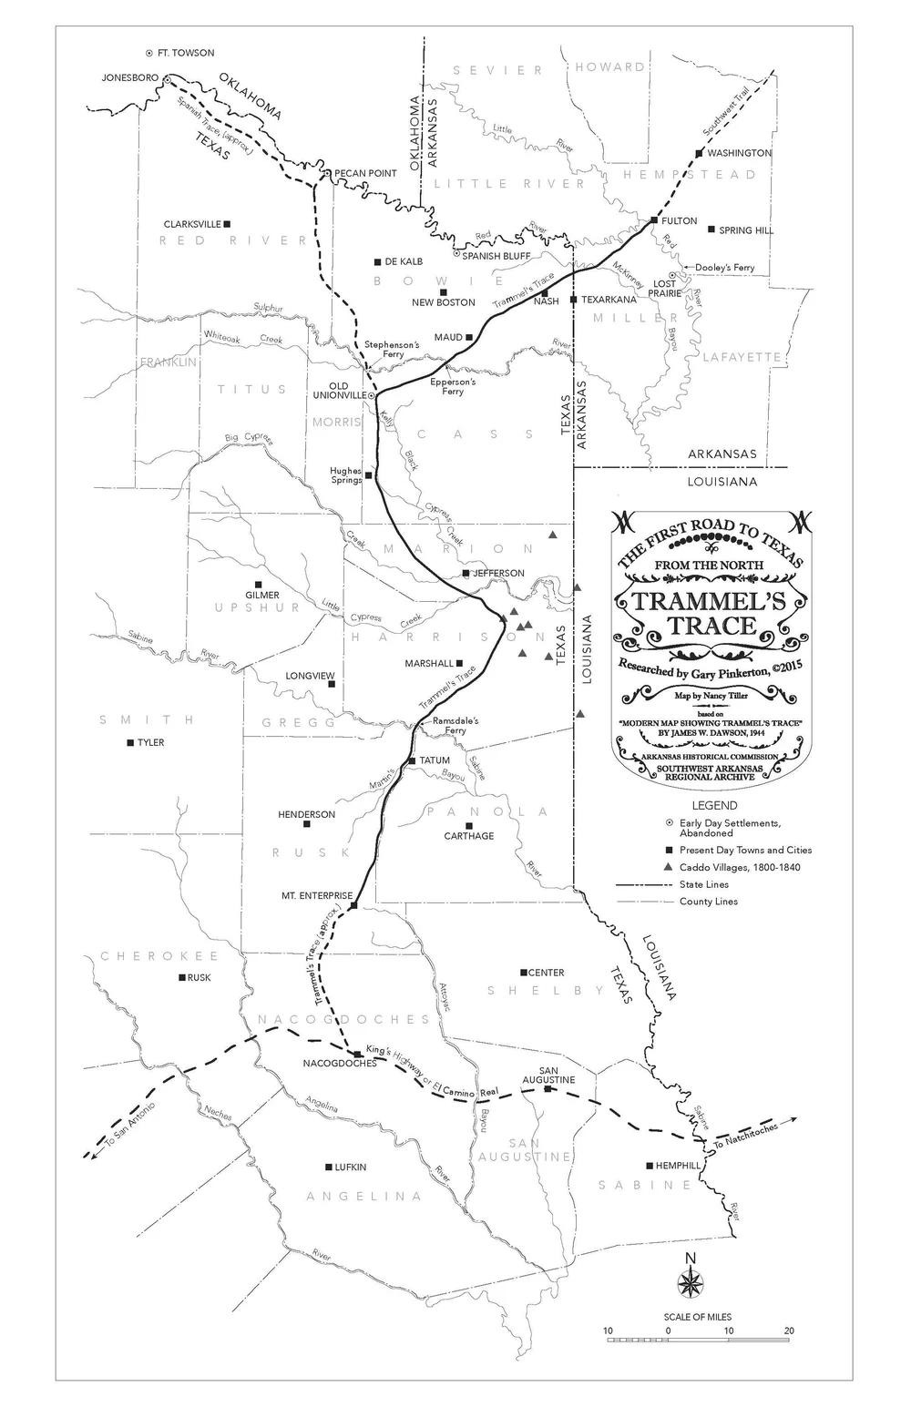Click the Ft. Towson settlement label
click(186, 54)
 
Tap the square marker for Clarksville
click(228, 224)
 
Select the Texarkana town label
click(609, 300)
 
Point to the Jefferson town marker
click(466, 574)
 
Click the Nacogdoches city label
click(339, 1064)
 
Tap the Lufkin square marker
click(329, 1167)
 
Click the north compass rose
click(691, 1282)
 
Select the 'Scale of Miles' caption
click(697, 1317)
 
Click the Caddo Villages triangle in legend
click(670, 867)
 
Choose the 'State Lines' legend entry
click(704, 884)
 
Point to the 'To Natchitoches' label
click(745, 1135)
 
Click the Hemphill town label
click(679, 1166)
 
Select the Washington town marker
click(699, 153)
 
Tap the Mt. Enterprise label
click(316, 896)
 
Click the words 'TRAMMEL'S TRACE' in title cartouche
click(707, 613)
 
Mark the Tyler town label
click(150, 743)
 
